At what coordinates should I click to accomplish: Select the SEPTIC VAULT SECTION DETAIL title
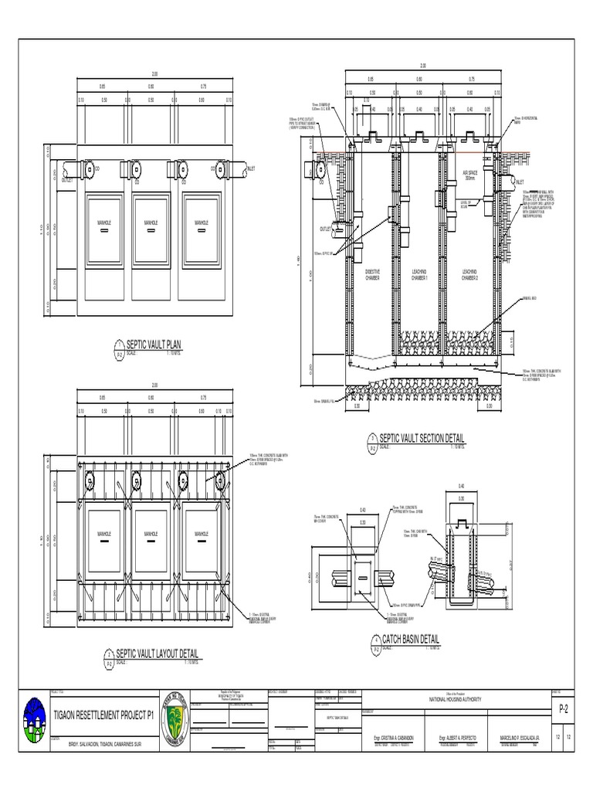[421, 439]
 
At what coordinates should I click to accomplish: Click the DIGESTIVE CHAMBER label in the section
[372, 274]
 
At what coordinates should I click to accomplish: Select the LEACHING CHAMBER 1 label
[421, 274]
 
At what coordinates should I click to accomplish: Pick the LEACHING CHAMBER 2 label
[469, 274]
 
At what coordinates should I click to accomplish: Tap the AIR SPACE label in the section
[469, 175]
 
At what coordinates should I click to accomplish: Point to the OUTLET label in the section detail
[325, 229]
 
